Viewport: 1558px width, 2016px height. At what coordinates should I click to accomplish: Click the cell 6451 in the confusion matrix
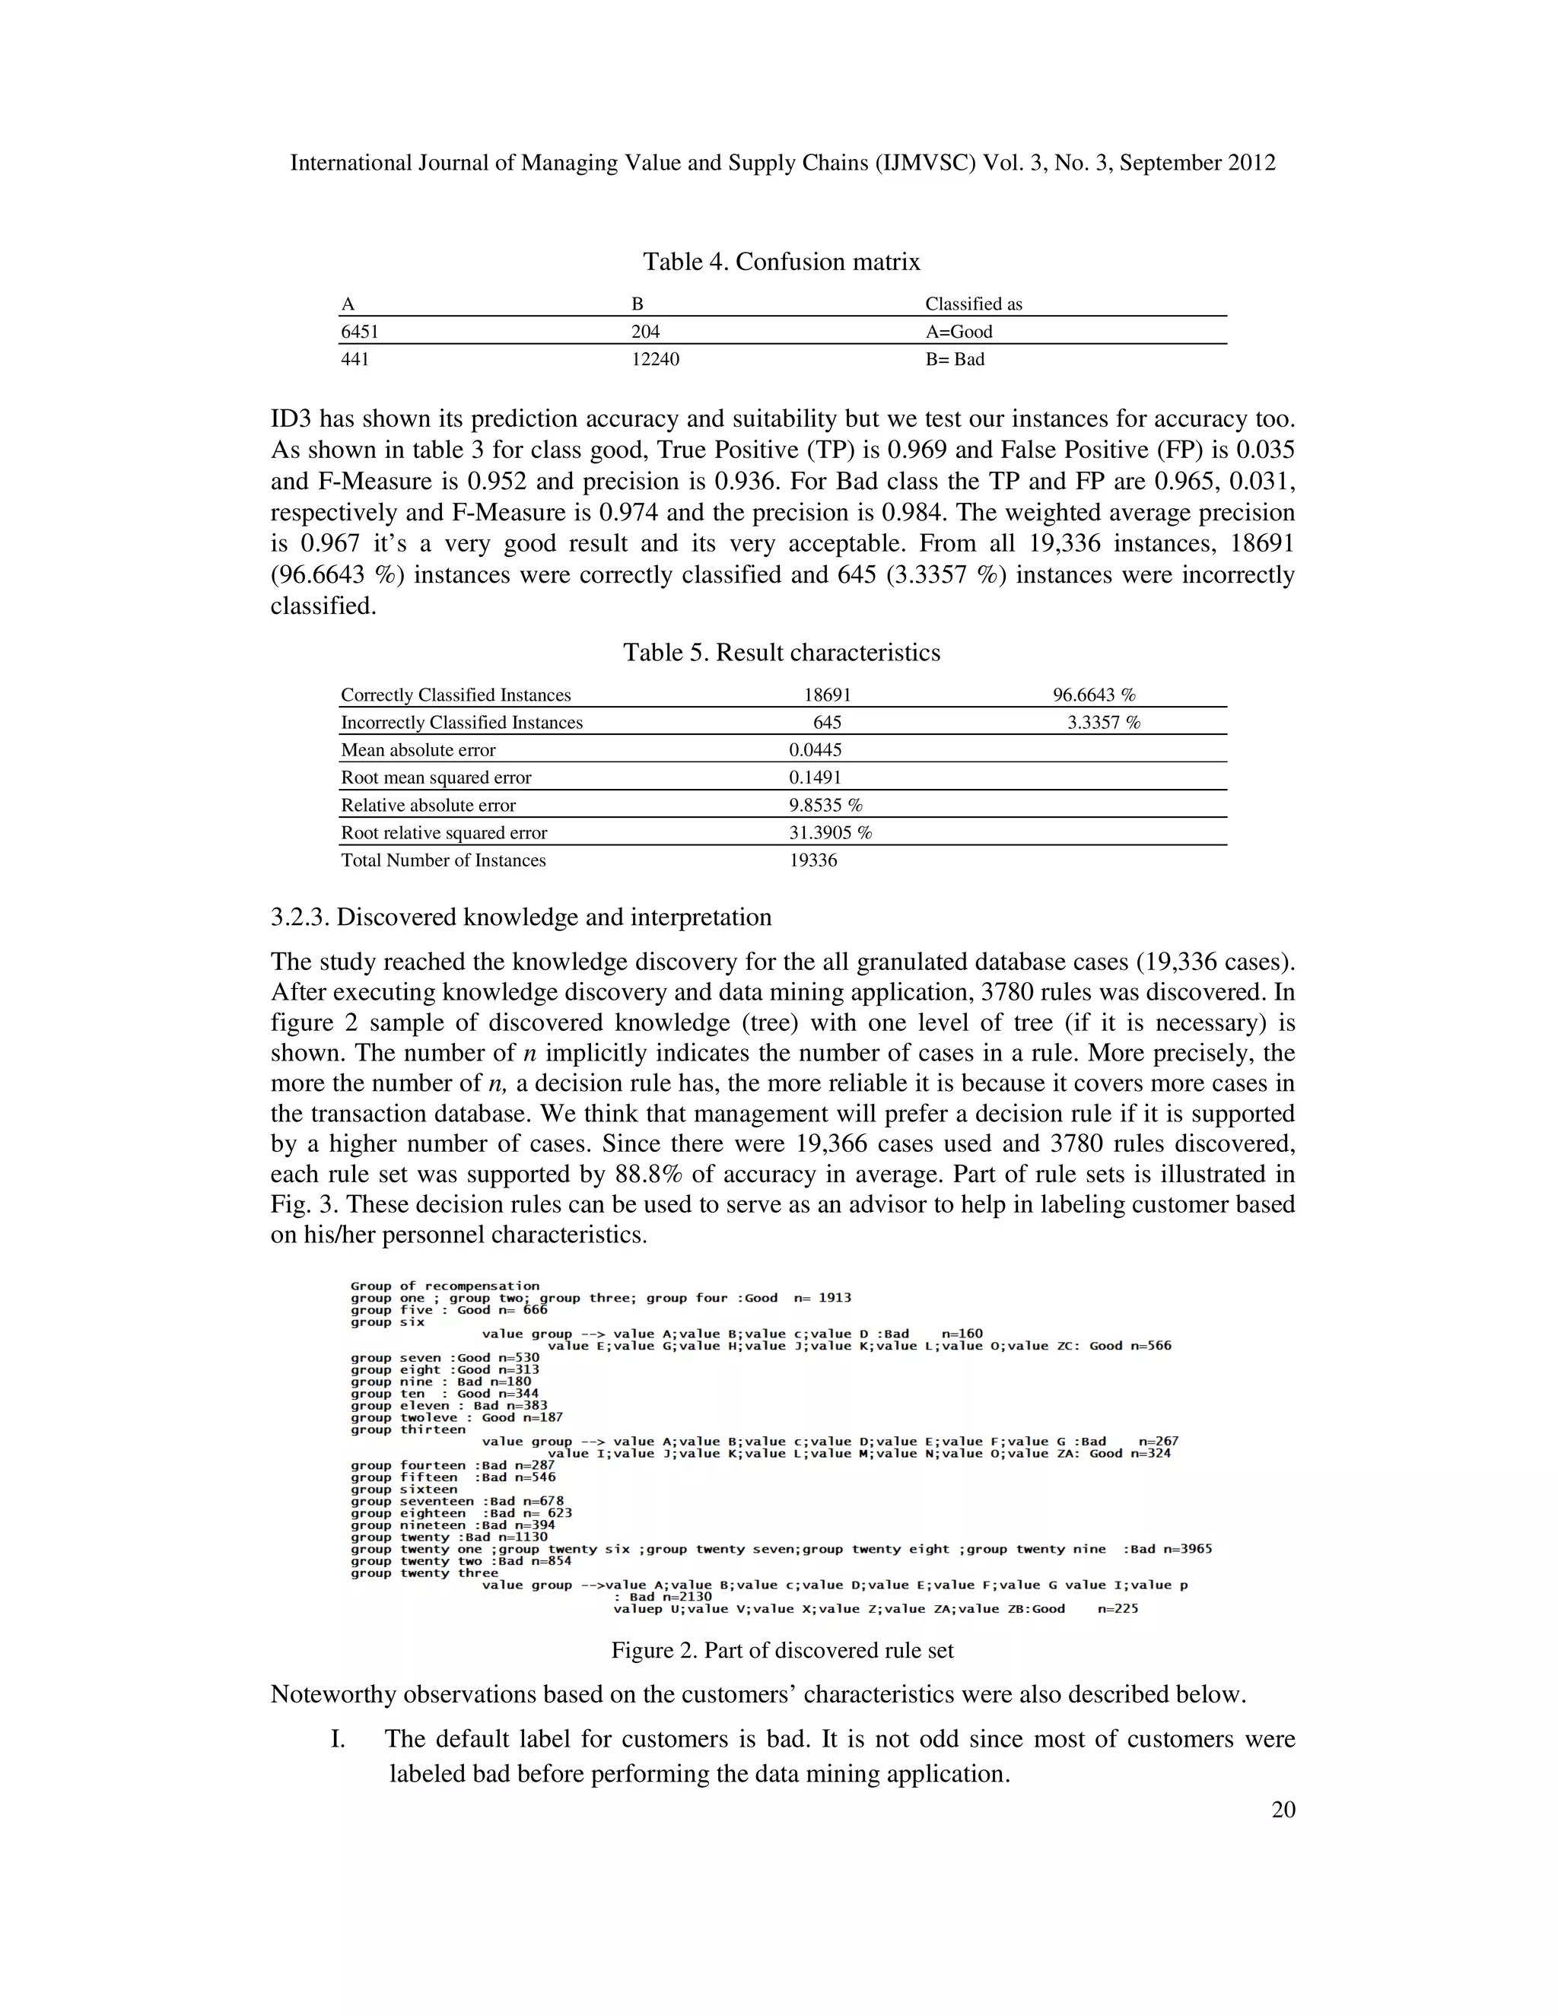click(360, 332)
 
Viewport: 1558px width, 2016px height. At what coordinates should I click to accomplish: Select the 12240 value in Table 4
click(654, 359)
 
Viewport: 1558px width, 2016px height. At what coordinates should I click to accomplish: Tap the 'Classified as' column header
click(973, 304)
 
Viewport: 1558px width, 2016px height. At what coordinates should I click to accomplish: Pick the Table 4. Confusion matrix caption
click(781, 262)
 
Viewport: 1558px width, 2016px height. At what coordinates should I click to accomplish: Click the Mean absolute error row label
click(418, 750)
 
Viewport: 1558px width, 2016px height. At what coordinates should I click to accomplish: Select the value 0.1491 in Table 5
click(814, 778)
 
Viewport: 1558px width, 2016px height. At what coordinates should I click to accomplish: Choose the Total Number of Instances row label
click(443, 860)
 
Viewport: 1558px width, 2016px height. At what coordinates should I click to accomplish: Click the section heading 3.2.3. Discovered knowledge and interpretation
click(520, 917)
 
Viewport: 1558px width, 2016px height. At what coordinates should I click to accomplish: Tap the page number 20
click(1283, 1810)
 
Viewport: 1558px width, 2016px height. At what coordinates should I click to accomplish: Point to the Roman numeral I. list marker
click(338, 1739)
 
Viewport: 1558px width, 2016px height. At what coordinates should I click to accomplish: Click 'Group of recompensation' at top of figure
click(445, 1286)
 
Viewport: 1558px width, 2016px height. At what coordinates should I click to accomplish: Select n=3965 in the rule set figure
click(1187, 1550)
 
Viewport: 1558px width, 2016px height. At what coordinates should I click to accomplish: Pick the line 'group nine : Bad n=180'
click(441, 1382)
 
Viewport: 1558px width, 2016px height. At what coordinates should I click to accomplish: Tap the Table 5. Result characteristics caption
click(781, 653)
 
